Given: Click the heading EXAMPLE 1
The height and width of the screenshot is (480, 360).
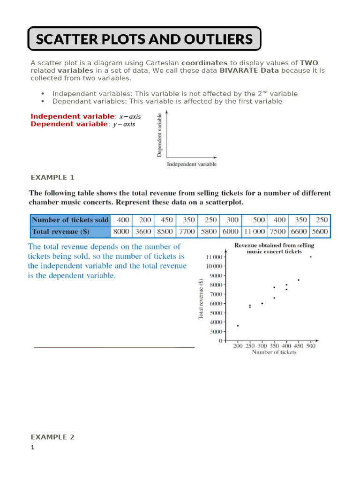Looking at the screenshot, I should coord(52,177).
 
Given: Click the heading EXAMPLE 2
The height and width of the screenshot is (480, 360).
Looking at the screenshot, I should coord(52,437).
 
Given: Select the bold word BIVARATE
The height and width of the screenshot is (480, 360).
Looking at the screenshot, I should coord(239,70).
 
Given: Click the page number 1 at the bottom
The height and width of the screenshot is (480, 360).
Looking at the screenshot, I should coord(33,448).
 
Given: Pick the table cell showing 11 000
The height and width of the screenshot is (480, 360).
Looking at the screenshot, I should coord(253,232).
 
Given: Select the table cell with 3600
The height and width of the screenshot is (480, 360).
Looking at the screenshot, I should coord(143,232).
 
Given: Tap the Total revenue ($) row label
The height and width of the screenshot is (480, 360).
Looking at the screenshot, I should coord(61,232).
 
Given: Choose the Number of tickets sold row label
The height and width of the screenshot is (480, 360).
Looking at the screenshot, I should coord(70,220).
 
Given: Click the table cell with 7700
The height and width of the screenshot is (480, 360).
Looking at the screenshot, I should coord(188,232).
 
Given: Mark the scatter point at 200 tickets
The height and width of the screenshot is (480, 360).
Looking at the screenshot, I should coord(238,326).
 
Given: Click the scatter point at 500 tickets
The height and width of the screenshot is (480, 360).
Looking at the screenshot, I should coord(310,257).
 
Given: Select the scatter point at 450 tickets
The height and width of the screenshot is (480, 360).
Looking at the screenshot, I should coord(299,280).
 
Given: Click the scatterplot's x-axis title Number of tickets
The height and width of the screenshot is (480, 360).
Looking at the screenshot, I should coord(274,352).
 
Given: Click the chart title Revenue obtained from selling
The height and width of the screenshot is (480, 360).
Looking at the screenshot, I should coord(274,245).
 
